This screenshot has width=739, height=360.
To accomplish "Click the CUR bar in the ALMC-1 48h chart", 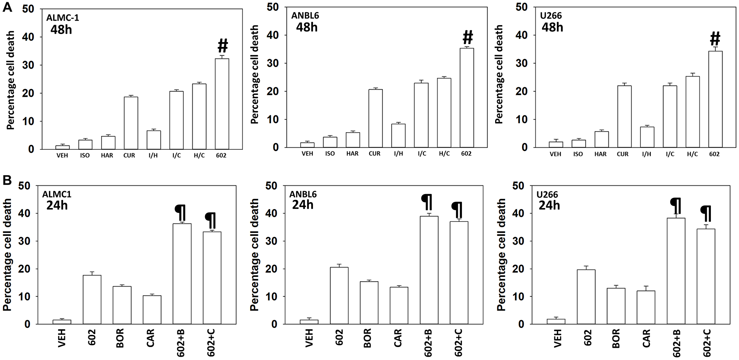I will click(x=131, y=123).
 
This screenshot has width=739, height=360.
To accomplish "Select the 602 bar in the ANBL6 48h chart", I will click(x=467, y=98).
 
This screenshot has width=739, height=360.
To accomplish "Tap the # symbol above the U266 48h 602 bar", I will click(x=715, y=38).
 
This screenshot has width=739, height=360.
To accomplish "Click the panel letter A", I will click(x=7, y=7).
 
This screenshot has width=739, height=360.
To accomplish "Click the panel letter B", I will click(x=7, y=180).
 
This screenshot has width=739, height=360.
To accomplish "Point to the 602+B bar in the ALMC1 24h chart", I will click(x=182, y=274).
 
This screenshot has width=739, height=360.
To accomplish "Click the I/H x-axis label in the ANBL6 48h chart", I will click(x=398, y=154).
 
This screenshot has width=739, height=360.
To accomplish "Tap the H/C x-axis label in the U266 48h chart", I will click(x=692, y=154).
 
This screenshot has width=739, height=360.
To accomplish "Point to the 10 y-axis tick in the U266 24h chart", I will click(x=519, y=297).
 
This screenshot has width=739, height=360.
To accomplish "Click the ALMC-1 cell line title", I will click(x=62, y=18).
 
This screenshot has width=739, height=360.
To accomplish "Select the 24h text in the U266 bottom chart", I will click(x=549, y=205).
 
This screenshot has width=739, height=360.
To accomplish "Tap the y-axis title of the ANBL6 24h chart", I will click(x=254, y=255).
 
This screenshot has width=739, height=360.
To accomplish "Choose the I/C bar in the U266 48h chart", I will click(x=670, y=116).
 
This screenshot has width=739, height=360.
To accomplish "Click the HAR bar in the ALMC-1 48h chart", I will click(x=108, y=143).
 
